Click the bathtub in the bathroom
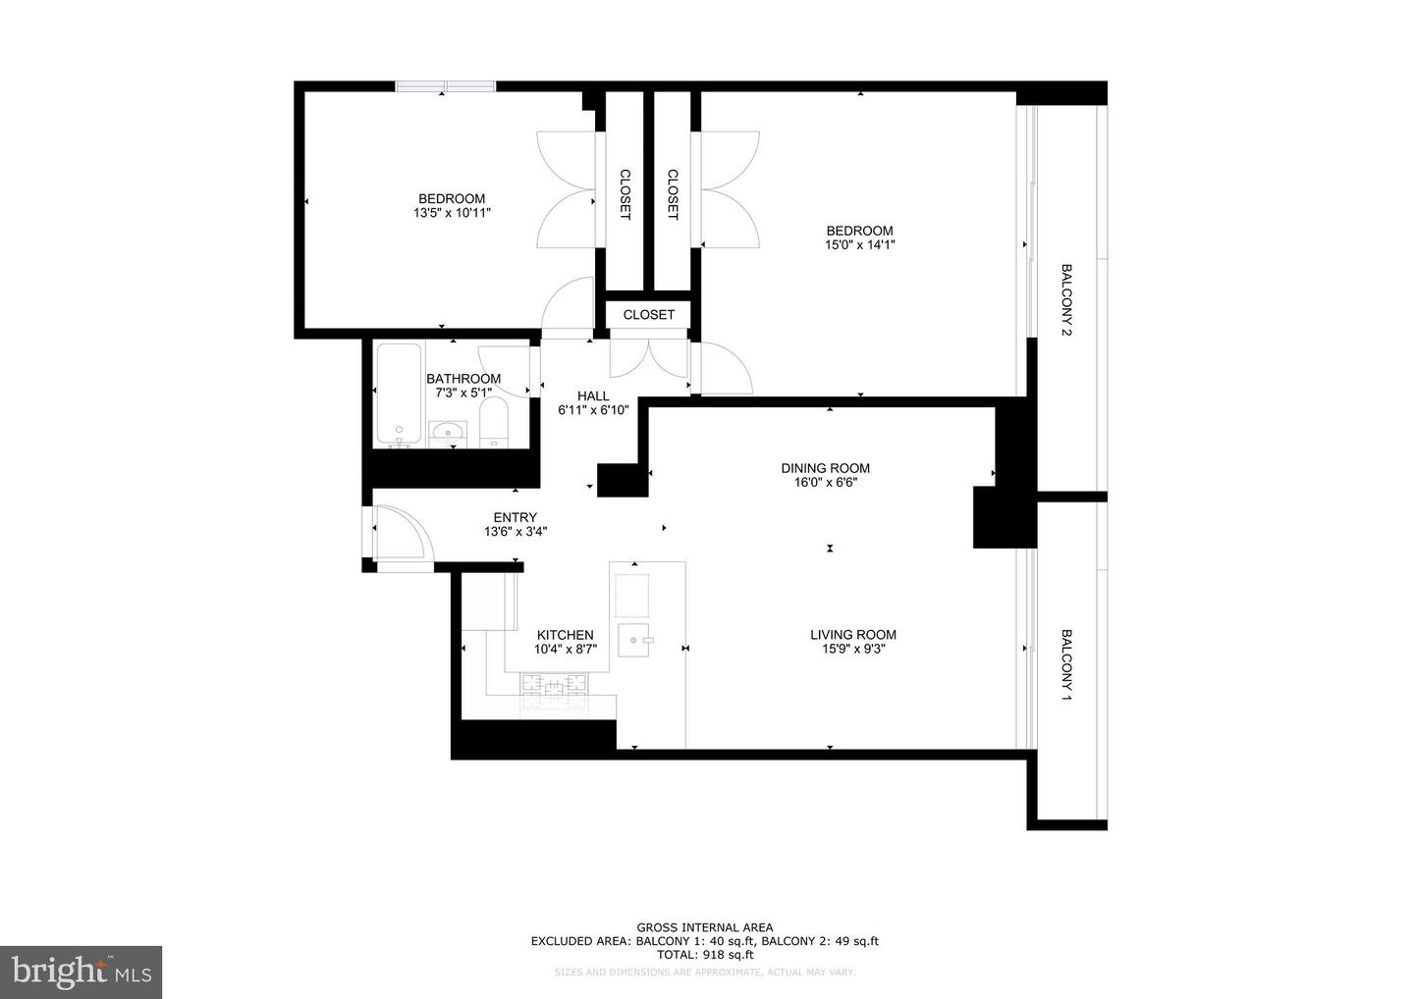tap(399, 394)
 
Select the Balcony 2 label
tap(1066, 299)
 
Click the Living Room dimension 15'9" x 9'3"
tap(853, 649)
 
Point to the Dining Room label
tap(825, 468)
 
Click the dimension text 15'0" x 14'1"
tap(859, 245)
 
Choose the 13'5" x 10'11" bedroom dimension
tap(452, 213)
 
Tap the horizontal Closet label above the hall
tap(648, 315)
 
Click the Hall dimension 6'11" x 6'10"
tap(593, 410)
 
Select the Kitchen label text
tap(565, 635)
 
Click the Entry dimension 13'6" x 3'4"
tap(516, 532)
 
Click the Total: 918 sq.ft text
tap(704, 954)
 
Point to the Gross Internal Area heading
tap(704, 927)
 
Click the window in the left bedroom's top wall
tap(446, 86)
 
